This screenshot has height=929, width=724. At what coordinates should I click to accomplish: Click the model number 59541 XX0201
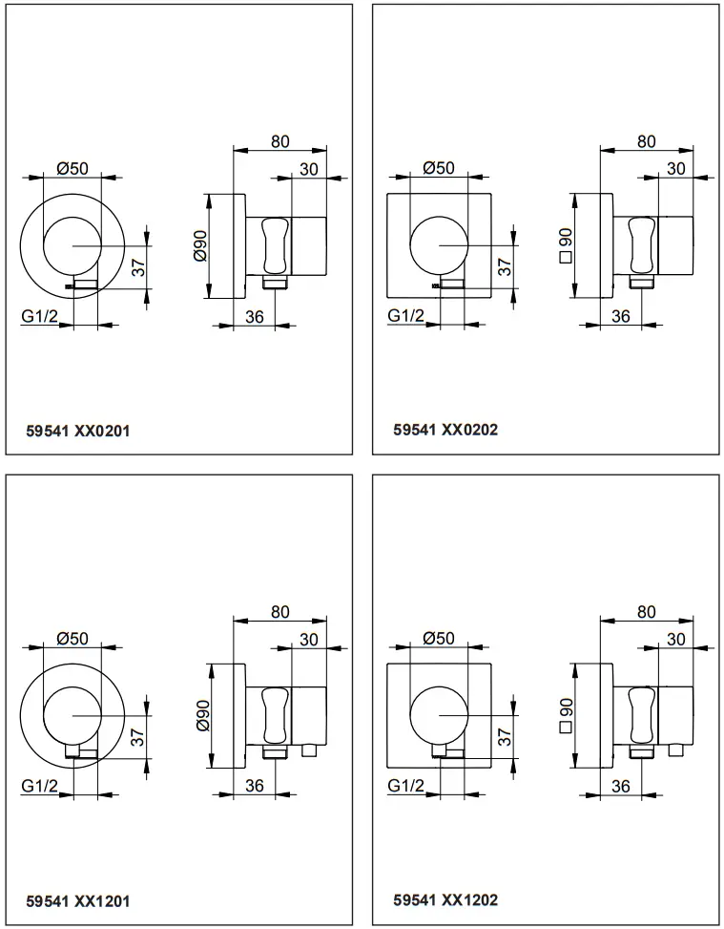pyautogui.click(x=78, y=431)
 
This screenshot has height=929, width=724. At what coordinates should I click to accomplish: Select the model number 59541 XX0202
pyautogui.click(x=445, y=431)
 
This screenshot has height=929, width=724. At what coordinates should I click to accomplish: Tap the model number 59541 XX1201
pyautogui.click(x=78, y=900)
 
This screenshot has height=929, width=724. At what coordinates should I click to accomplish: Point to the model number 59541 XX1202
pyautogui.click(x=445, y=899)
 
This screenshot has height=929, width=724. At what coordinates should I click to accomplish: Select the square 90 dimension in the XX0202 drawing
pyautogui.click(x=564, y=246)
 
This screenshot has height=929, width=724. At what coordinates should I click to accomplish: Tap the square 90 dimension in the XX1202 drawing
pyautogui.click(x=564, y=716)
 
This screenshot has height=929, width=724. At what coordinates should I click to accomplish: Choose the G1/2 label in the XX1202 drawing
pyautogui.click(x=406, y=785)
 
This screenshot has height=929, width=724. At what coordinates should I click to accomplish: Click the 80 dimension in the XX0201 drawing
pyautogui.click(x=279, y=141)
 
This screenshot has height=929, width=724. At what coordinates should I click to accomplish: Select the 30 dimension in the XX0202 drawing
pyautogui.click(x=675, y=168)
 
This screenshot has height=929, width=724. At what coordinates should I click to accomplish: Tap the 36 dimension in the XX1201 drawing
pyautogui.click(x=254, y=786)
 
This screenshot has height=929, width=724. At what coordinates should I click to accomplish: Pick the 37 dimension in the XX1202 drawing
pyautogui.click(x=505, y=736)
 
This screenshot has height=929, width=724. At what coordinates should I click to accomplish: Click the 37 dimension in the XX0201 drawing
pyautogui.click(x=138, y=268)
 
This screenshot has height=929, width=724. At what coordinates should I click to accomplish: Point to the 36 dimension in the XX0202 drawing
pyautogui.click(x=620, y=316)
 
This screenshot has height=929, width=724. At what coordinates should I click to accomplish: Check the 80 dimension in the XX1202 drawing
pyautogui.click(x=646, y=612)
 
